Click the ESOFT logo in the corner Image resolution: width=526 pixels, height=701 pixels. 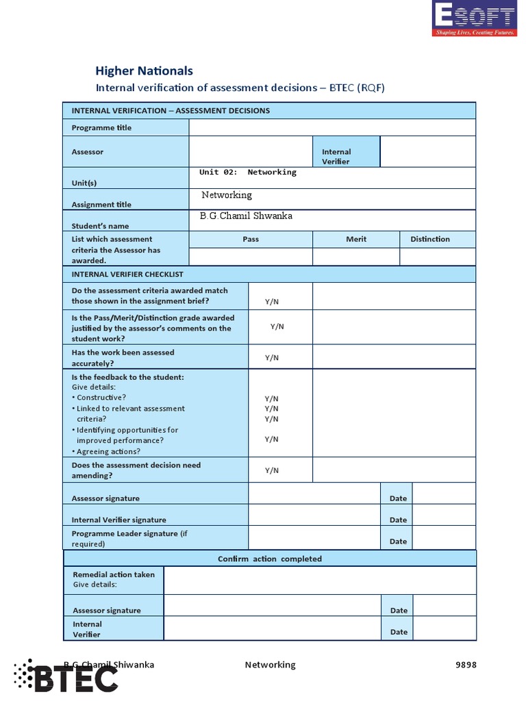pyautogui.click(x=475, y=19)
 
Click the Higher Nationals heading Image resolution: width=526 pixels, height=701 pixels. pyautogui.click(x=144, y=71)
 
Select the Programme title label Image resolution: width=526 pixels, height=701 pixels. pyautogui.click(x=101, y=128)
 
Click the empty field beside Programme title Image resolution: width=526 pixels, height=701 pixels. pyautogui.click(x=331, y=128)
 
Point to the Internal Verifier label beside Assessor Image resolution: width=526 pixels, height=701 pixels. pyautogui.click(x=336, y=157)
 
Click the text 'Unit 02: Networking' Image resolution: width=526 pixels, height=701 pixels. pyautogui.click(x=248, y=173)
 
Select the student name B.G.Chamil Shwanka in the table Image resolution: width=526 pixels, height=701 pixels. pyautogui.click(x=246, y=216)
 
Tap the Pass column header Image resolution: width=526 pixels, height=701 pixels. pyautogui.click(x=251, y=239)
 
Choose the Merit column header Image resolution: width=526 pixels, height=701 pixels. pyautogui.click(x=356, y=239)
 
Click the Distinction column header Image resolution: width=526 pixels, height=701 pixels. pyautogui.click(x=430, y=239)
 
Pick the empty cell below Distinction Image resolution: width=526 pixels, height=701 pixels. pyautogui.click(x=437, y=257)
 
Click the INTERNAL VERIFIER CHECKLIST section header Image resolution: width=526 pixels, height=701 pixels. pyautogui.click(x=127, y=274)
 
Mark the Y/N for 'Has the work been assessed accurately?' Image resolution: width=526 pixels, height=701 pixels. pyautogui.click(x=272, y=358)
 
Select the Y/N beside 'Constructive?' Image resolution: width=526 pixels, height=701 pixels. pyautogui.click(x=272, y=398)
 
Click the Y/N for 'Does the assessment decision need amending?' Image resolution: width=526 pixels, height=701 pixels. pyautogui.click(x=272, y=470)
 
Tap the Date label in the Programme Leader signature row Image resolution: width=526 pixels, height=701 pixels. pyautogui.click(x=398, y=541)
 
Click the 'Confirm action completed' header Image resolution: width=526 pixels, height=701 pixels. pyautogui.click(x=270, y=559)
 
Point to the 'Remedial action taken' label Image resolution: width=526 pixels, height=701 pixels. pyautogui.click(x=114, y=574)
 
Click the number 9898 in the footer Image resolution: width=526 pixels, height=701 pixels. pyautogui.click(x=466, y=665)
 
